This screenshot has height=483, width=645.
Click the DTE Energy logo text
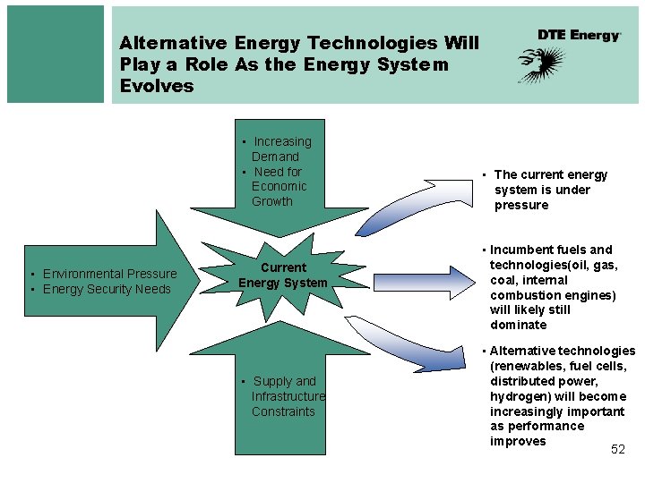[579, 35]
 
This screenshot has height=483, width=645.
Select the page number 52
[618, 449]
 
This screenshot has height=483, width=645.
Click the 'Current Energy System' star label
[283, 275]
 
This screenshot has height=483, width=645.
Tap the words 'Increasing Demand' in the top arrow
[279, 148]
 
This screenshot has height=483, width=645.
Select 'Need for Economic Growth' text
[278, 186]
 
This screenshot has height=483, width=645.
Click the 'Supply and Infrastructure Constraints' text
[285, 396]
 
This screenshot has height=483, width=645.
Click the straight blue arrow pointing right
[421, 280]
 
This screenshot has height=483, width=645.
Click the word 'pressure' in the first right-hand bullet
[521, 205]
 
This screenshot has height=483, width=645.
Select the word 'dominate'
[518, 325]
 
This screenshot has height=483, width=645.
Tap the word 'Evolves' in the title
[157, 86]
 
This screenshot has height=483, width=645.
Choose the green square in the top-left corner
[56, 54]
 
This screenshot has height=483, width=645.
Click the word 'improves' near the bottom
[518, 441]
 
